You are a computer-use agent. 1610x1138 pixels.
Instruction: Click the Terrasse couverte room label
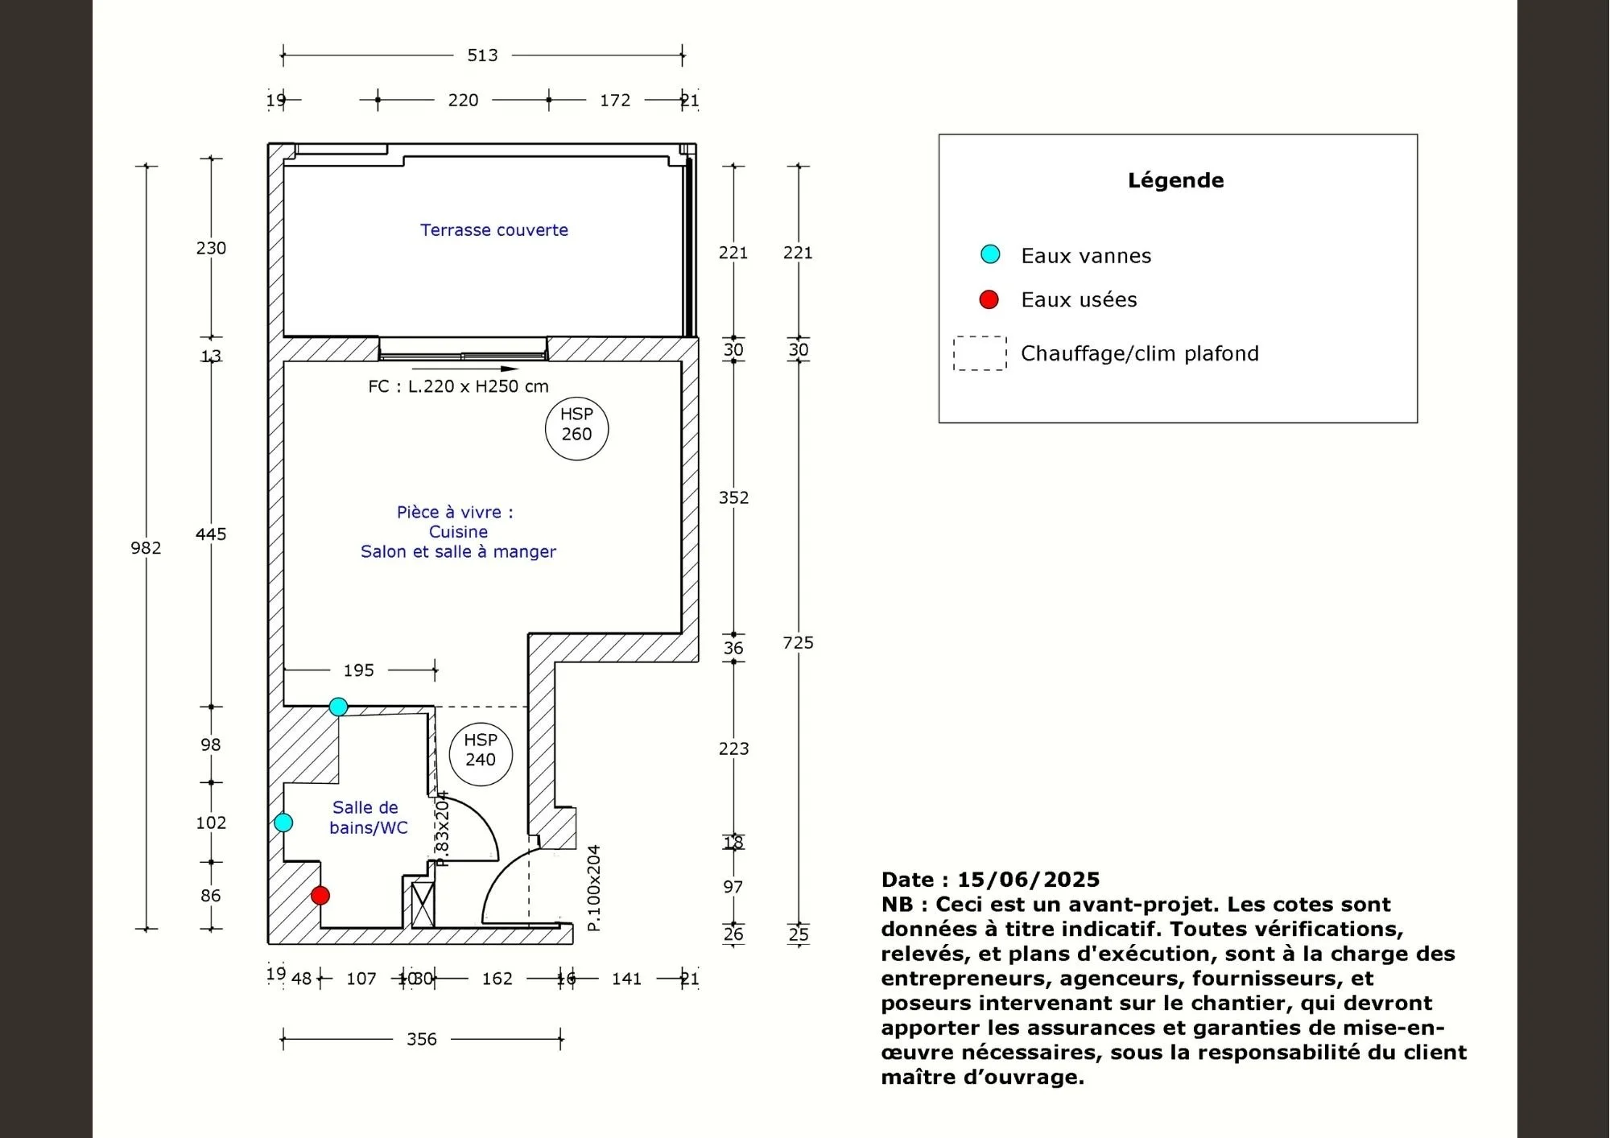pos(493,230)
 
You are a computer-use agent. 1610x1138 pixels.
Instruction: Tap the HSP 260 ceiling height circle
pos(576,427)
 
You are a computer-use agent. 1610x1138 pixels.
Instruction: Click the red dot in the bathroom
pos(320,895)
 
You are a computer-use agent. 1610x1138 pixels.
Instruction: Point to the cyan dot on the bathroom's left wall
pos(283,823)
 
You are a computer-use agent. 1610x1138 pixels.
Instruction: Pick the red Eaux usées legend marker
pos(989,300)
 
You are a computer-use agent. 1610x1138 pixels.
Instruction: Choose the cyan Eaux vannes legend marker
pos(990,254)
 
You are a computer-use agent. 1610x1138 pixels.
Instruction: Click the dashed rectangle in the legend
pos(980,353)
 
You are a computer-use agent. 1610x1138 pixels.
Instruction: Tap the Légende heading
pos(1175,180)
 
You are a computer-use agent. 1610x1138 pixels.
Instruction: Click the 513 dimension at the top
pos(482,56)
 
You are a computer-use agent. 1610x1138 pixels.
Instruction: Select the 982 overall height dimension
pos(146,548)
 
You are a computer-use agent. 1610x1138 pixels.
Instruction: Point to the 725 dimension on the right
pos(798,642)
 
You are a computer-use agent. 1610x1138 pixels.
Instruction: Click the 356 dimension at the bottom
pos(421,1039)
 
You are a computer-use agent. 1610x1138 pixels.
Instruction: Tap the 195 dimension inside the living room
pos(358,670)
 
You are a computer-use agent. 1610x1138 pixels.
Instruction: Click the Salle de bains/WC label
pos(368,818)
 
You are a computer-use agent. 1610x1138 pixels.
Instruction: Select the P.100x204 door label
pos(594,888)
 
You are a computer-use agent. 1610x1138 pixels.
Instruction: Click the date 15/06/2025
pos(1028,880)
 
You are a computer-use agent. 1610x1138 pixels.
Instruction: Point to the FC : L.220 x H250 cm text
pos(458,386)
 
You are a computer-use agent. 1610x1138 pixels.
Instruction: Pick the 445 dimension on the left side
pos(211,534)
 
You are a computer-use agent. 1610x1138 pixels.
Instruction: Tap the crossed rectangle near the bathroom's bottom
pos(423,905)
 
